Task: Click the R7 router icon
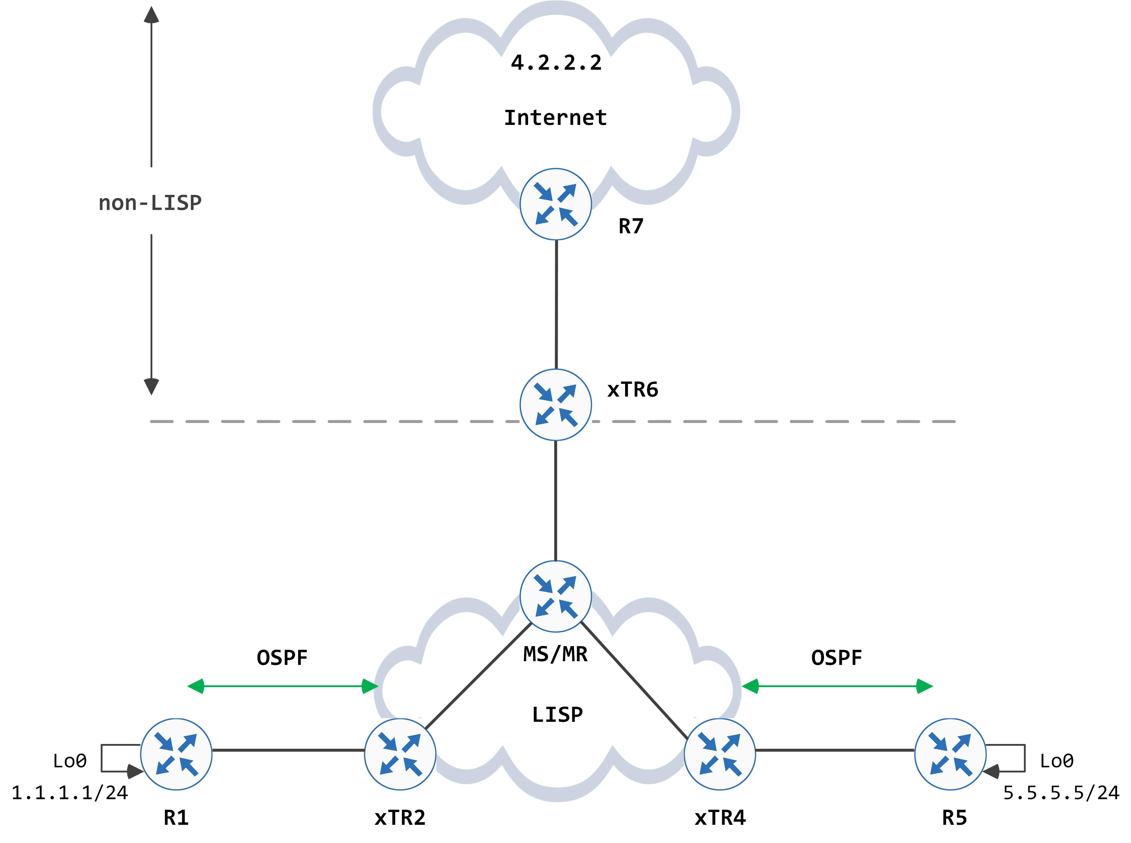(x=555, y=204)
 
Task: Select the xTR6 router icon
(x=555, y=405)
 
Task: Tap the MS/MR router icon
(x=555, y=596)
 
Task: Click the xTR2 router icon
(x=400, y=754)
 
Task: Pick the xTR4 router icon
(x=720, y=754)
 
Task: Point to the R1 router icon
(x=176, y=754)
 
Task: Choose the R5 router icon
(x=950, y=754)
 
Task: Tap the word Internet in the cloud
(x=555, y=118)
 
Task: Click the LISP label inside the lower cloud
(x=557, y=714)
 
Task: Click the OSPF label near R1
(x=282, y=658)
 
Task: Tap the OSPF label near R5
(x=837, y=658)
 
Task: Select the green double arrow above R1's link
(x=283, y=686)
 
